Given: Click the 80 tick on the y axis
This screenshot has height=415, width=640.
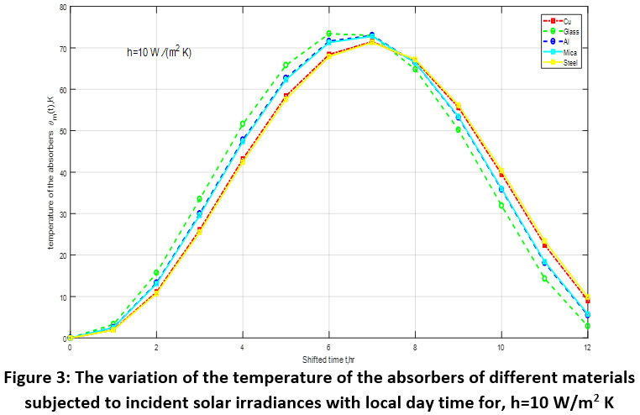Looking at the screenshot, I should [62, 7].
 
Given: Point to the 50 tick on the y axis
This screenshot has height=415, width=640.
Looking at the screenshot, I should [62, 131].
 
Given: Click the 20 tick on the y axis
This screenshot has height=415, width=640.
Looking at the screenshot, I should [62, 255].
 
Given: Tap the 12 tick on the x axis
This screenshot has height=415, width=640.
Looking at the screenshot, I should [588, 346].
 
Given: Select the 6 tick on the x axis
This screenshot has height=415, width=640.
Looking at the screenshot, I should [328, 346].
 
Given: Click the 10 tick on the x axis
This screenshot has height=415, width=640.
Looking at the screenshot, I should [501, 346].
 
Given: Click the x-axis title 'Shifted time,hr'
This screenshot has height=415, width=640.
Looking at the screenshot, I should [328, 358].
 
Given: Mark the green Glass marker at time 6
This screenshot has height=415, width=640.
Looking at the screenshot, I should [328, 34].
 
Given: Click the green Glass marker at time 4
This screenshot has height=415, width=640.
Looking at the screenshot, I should [242, 123].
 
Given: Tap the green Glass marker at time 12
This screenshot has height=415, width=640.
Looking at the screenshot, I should [588, 326].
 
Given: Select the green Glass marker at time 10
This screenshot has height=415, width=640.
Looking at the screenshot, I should [501, 205].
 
